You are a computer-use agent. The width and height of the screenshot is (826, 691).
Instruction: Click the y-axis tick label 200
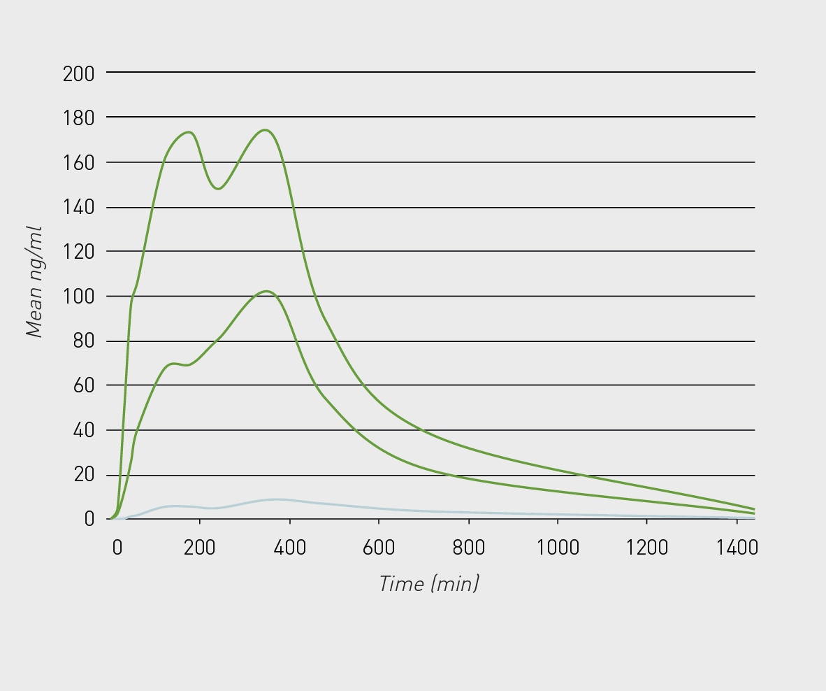pos(78,73)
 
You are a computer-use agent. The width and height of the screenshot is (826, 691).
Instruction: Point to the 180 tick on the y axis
pos(78,117)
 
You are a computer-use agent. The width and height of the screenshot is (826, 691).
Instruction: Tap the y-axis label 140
pos(78,208)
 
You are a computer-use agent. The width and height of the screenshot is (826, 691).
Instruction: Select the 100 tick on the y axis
pos(78,297)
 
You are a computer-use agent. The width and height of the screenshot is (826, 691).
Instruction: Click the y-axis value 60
pos(83,385)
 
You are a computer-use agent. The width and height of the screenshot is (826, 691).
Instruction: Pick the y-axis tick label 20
pos(83,475)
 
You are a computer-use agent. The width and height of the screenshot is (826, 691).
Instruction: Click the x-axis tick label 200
pos(200,547)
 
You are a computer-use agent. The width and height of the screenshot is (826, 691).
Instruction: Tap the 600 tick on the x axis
pos(379,547)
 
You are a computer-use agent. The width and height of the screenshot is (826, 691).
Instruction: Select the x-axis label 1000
pos(558,547)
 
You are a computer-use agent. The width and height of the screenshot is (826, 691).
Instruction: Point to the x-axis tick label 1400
pos(737,547)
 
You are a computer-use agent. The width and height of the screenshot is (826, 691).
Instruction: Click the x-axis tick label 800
pos(468,547)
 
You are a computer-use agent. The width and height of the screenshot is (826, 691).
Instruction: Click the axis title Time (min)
pos(429,583)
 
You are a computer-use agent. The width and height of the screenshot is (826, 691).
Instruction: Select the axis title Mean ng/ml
pos(34,282)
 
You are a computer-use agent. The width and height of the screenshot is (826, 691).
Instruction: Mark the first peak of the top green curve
pos(188,132)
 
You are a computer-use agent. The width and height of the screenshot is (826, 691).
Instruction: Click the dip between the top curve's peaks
pos(219,189)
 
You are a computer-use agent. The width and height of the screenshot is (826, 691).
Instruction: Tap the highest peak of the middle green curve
pos(267,291)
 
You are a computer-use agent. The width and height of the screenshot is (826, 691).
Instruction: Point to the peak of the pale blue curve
pos(276,499)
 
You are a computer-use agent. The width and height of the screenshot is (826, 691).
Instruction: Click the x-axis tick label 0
pos(117,547)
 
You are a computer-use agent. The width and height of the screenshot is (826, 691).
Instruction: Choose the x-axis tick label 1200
pos(647,547)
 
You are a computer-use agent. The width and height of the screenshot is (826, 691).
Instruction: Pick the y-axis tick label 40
pos(83,430)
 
